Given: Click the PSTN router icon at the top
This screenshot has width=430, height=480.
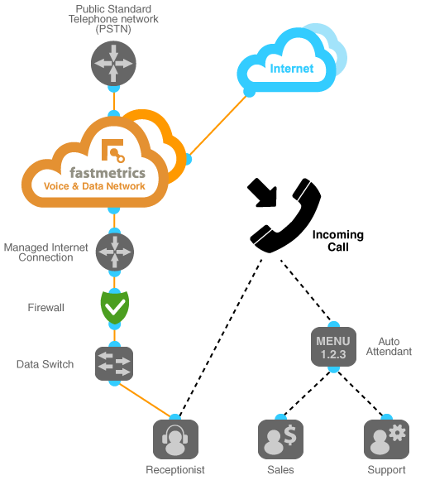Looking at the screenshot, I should pyautogui.click(x=114, y=65).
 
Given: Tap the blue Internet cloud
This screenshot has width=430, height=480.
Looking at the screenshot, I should pyautogui.click(x=291, y=67).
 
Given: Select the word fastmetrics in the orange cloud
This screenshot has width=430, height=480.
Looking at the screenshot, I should pyautogui.click(x=107, y=173).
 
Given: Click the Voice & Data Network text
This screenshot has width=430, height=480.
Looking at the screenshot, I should pyautogui.click(x=106, y=187).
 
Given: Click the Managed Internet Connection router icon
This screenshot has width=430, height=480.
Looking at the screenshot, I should pyautogui.click(x=114, y=252).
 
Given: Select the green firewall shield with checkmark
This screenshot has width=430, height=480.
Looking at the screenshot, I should pyautogui.click(x=114, y=307).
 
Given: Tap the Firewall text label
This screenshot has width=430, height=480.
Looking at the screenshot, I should pyautogui.click(x=45, y=308).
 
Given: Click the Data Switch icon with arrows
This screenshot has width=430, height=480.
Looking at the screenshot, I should pyautogui.click(x=114, y=363).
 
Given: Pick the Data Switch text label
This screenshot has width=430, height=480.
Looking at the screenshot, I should pyautogui.click(x=45, y=364).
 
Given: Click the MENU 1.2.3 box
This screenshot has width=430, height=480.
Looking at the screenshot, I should pyautogui.click(x=333, y=347).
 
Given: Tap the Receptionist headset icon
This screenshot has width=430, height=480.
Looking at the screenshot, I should pyautogui.click(x=175, y=439).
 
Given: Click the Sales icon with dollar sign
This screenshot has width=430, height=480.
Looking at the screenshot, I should pyautogui.click(x=281, y=439).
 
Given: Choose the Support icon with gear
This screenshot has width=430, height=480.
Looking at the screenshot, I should pyautogui.click(x=387, y=439).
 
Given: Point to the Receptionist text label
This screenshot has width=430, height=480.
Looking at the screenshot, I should pyautogui.click(x=175, y=470).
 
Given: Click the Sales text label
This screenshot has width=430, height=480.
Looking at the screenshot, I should pyautogui.click(x=281, y=470).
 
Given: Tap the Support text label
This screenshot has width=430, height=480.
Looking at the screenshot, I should pyautogui.click(x=387, y=470).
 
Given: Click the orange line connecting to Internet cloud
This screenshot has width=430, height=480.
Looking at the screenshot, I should pyautogui.click(x=219, y=124).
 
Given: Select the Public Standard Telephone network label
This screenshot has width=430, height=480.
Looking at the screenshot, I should pyautogui.click(x=113, y=18).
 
